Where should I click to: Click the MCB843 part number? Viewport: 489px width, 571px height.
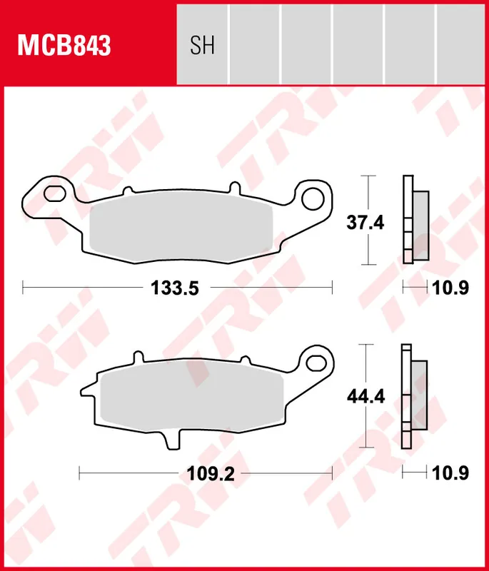[x=64, y=46]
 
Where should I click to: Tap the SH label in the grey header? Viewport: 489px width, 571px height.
[x=202, y=46]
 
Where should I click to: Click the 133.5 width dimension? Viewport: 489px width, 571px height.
[x=173, y=288]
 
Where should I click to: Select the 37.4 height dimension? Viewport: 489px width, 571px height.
[x=366, y=223]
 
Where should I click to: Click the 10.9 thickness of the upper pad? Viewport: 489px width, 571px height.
[x=451, y=288]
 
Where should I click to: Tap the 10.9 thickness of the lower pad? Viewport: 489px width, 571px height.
[x=451, y=473]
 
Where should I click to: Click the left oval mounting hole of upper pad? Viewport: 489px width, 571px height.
[x=53, y=193]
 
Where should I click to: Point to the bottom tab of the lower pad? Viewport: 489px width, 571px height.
[x=171, y=440]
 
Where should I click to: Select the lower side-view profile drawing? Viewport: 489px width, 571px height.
[x=414, y=396]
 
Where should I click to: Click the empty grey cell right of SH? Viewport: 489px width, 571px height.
[x=254, y=43]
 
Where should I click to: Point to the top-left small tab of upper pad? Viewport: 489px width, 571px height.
[x=128, y=190]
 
